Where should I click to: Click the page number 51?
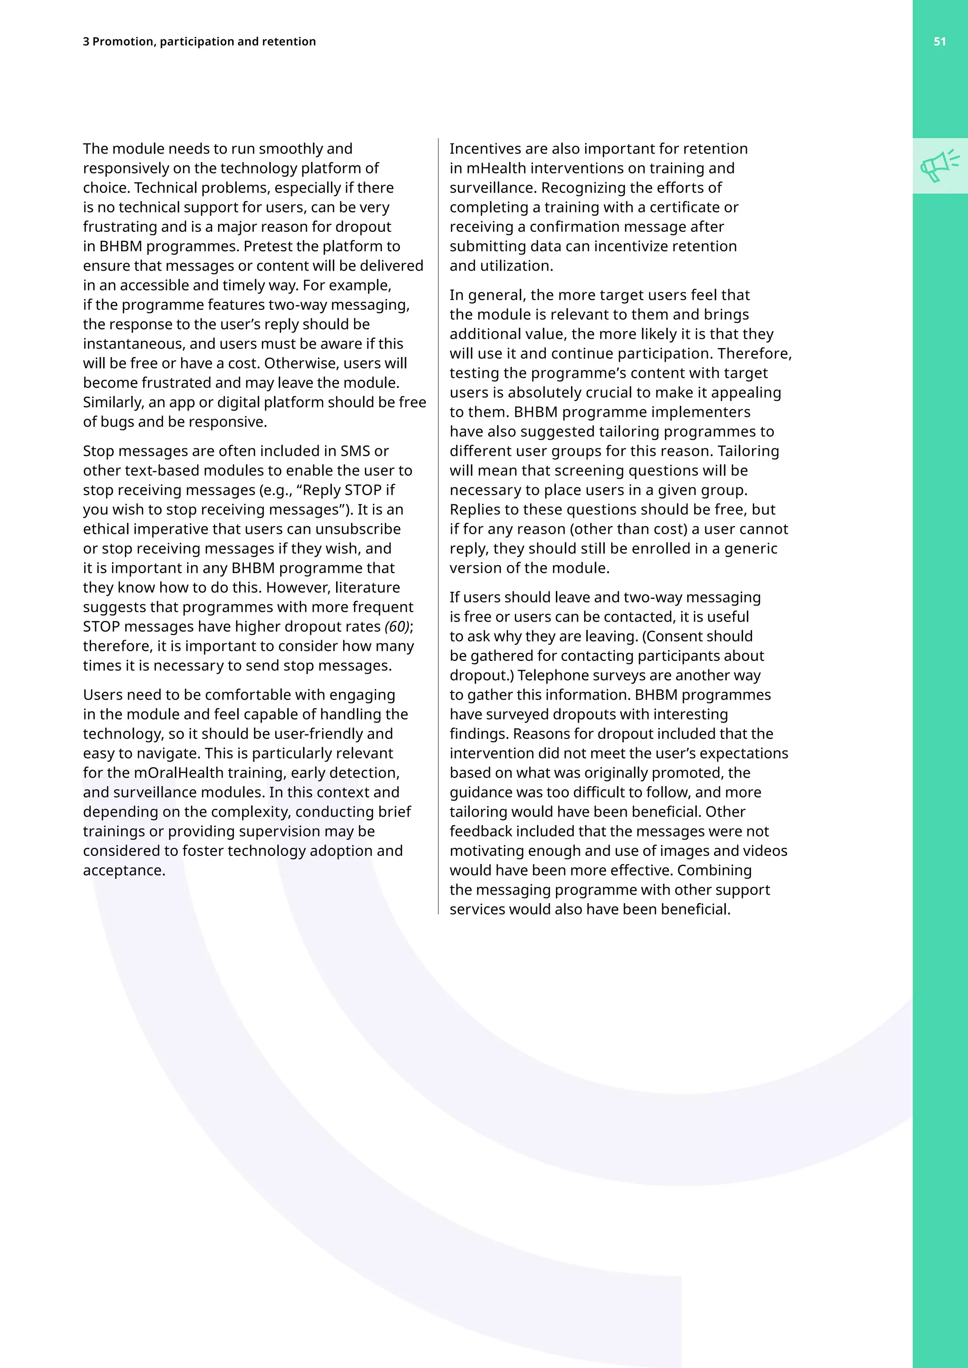pos(939,42)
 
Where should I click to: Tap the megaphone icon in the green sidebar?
pos(939,166)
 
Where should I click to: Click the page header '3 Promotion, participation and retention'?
pos(199,42)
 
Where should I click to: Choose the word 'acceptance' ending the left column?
pos(123,871)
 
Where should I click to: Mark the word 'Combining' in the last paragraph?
pos(714,871)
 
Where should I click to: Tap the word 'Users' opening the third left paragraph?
pos(103,695)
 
